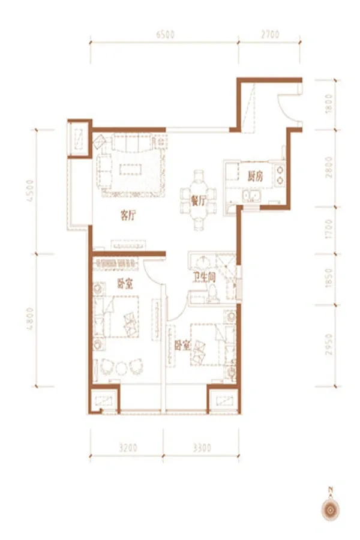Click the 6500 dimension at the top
(166, 34)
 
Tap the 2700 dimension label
(270, 34)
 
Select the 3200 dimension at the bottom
(128, 448)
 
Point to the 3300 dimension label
(202, 448)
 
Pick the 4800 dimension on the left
(31, 319)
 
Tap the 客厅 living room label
(128, 216)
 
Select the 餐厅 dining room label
(199, 201)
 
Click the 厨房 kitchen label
(255, 176)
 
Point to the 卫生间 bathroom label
(203, 278)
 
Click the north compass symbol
(331, 508)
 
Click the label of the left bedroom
(125, 284)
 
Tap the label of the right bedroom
(182, 346)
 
